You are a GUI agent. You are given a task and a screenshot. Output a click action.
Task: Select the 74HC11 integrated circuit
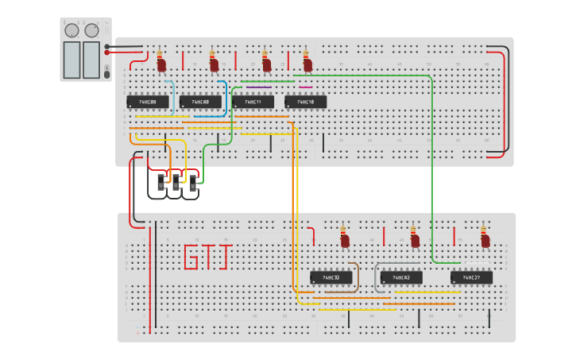point(253,102)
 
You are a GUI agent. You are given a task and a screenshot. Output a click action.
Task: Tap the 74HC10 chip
point(305,102)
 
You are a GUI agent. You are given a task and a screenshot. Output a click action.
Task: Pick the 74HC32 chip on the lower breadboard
point(331,277)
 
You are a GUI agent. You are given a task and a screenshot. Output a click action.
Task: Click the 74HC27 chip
point(471,277)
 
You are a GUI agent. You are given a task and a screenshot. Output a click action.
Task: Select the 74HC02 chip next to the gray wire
point(401,277)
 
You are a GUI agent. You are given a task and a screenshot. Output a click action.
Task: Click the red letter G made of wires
point(191,257)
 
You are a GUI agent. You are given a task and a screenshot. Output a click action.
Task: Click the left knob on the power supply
point(72,30)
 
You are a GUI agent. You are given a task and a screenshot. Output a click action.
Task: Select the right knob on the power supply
point(92,30)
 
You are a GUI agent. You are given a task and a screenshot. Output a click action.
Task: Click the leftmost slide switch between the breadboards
point(161,183)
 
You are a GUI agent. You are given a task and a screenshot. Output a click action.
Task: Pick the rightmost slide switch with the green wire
point(192,183)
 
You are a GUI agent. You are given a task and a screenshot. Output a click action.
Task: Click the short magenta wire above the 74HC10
point(305,87)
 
